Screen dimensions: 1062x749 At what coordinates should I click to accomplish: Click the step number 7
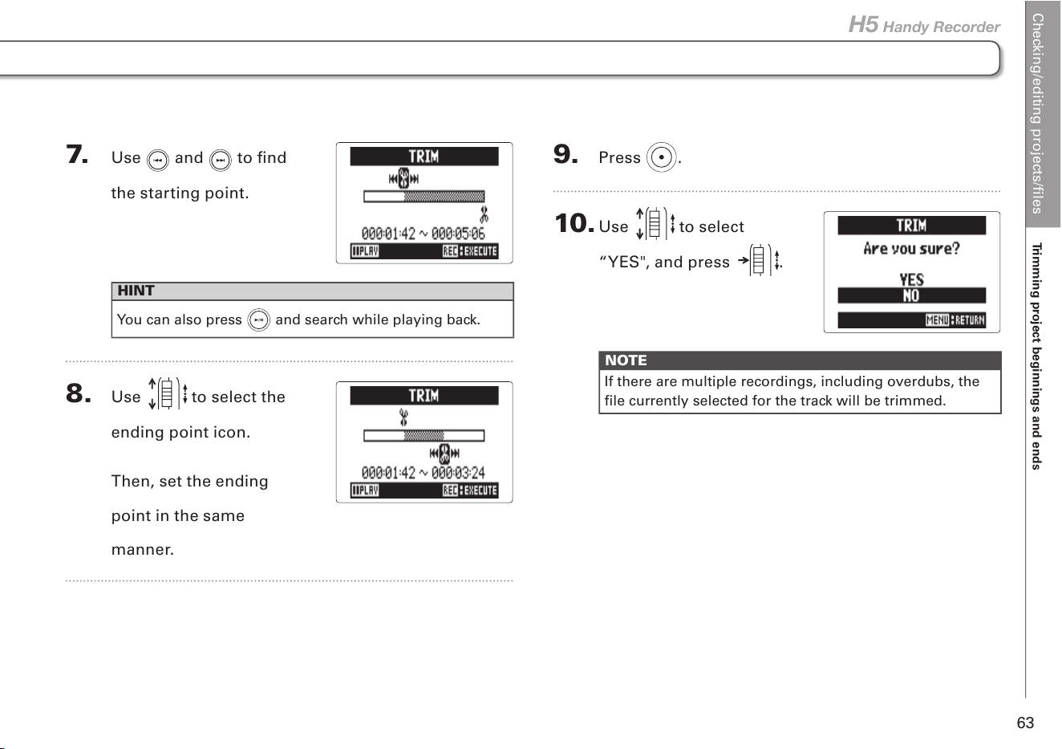[77, 154]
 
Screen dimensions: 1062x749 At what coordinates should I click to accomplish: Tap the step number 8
[79, 393]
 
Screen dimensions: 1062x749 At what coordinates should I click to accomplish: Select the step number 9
[565, 154]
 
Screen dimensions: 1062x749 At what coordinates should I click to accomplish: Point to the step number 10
[574, 223]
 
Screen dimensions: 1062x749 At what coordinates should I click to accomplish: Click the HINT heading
[136, 291]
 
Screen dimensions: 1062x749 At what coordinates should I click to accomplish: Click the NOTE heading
[626, 360]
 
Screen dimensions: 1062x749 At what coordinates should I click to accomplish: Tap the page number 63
[1025, 723]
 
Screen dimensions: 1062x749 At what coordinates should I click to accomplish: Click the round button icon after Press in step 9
[661, 157]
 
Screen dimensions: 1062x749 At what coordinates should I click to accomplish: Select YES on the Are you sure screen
[911, 279]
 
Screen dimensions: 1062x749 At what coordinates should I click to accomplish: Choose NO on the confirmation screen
[910, 295]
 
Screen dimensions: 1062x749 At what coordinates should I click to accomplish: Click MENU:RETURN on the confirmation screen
[955, 320]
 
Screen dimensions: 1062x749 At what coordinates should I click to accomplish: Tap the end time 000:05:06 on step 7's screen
[458, 234]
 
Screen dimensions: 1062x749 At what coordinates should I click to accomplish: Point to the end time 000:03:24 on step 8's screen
[458, 473]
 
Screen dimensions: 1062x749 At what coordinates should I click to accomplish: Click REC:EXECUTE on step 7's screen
[470, 251]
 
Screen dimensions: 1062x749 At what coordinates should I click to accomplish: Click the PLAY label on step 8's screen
[365, 491]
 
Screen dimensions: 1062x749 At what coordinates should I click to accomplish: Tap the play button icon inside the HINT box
[259, 320]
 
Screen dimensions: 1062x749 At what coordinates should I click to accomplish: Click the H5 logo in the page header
[863, 25]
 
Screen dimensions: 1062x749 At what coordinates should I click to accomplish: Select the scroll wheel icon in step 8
[168, 393]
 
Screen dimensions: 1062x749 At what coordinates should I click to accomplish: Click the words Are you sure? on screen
[911, 249]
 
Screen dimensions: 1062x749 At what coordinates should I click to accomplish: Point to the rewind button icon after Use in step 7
[158, 161]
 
